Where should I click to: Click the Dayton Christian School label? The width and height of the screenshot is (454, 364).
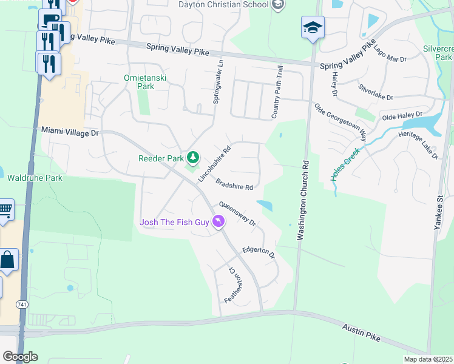coord(223,5)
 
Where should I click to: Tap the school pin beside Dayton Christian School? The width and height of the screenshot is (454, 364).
coord(277,5)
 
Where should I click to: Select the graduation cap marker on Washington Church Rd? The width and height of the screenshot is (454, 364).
coord(313,27)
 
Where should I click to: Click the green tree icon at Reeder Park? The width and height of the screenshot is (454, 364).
coord(193,158)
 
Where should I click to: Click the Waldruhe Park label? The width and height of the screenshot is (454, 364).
coord(35,178)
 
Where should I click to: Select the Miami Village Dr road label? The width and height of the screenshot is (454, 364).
coord(69,130)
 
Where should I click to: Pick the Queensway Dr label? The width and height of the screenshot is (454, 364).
coord(238,213)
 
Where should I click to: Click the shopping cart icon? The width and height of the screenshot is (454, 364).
coord(5,210)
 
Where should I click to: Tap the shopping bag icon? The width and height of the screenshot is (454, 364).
coord(8,260)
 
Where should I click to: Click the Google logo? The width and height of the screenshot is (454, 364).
coord(19,356)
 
